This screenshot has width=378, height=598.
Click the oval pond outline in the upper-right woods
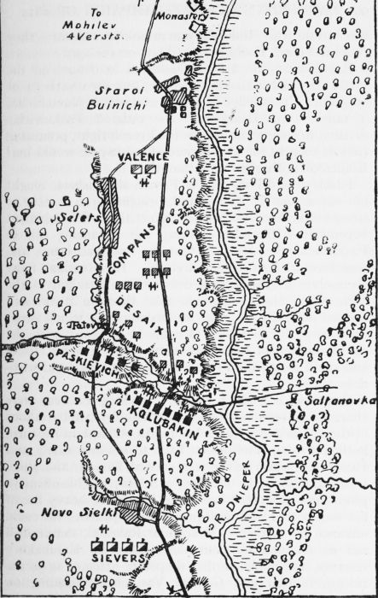click(297, 92)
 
